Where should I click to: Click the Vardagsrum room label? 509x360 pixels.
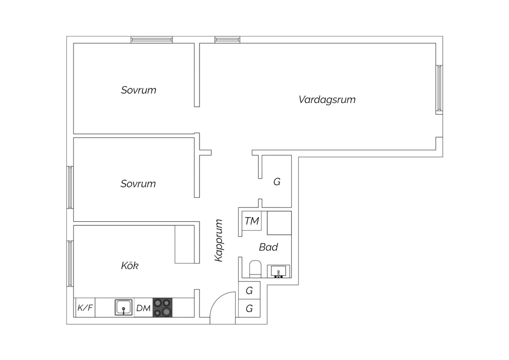(x=327, y=100)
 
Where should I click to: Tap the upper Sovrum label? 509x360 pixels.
(x=138, y=90)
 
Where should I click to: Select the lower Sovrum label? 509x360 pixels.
(x=138, y=184)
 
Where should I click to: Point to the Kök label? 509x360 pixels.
(x=130, y=265)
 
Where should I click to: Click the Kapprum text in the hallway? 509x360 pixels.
(x=219, y=240)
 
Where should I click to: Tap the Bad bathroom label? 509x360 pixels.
(x=268, y=247)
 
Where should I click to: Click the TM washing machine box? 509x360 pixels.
(x=252, y=221)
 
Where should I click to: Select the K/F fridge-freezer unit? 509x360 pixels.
(x=85, y=308)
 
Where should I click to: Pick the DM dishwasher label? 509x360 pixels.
(x=143, y=308)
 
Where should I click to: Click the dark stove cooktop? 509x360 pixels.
(x=163, y=307)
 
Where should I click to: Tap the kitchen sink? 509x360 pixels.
(x=124, y=307)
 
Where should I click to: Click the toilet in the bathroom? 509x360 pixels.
(x=255, y=269)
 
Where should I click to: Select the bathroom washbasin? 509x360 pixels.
(x=278, y=271)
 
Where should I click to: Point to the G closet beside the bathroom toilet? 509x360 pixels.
(x=249, y=290)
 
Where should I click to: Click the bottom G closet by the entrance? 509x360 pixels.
(x=249, y=308)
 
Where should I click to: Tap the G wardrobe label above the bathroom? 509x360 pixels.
(x=277, y=182)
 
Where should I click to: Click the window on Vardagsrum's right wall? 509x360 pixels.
(x=439, y=89)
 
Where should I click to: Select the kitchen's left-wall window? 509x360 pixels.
(x=70, y=264)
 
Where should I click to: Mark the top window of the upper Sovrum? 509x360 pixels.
(x=152, y=40)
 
